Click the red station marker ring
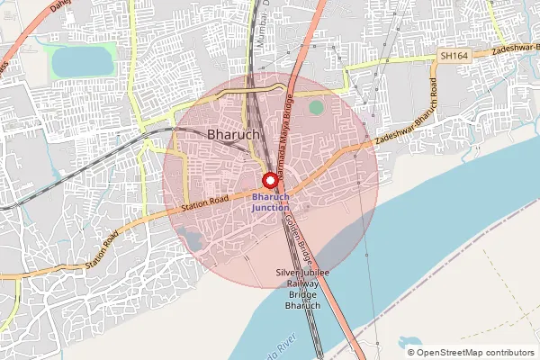(268, 180)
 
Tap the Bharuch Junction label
(271, 202)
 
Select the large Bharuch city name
(233, 134)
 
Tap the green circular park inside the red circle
(315, 107)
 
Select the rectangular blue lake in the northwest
(78, 62)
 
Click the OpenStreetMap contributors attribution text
(476, 352)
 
